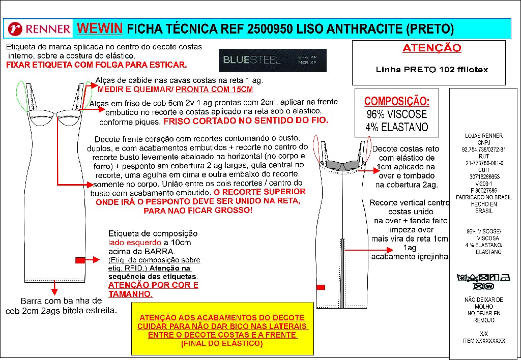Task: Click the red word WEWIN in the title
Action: tap(99, 27)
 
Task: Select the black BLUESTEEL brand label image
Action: tap(272, 61)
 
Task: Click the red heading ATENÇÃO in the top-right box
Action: tap(431, 48)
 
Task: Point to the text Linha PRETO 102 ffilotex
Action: tap(431, 70)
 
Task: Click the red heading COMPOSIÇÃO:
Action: tap(397, 101)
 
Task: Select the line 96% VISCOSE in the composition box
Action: tap(397, 114)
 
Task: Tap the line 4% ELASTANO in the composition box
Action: tap(397, 127)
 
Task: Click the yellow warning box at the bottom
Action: tap(222, 328)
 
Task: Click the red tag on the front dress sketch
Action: tap(80, 260)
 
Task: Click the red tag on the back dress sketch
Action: tap(321, 287)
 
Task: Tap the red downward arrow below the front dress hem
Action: tap(54, 290)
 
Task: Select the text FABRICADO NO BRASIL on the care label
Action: tap(483, 197)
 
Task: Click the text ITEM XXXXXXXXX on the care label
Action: tap(483, 341)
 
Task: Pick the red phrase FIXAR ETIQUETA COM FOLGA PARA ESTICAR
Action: tap(96, 65)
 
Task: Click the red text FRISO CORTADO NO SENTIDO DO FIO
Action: tap(246, 122)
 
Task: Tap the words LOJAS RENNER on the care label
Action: tap(483, 136)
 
